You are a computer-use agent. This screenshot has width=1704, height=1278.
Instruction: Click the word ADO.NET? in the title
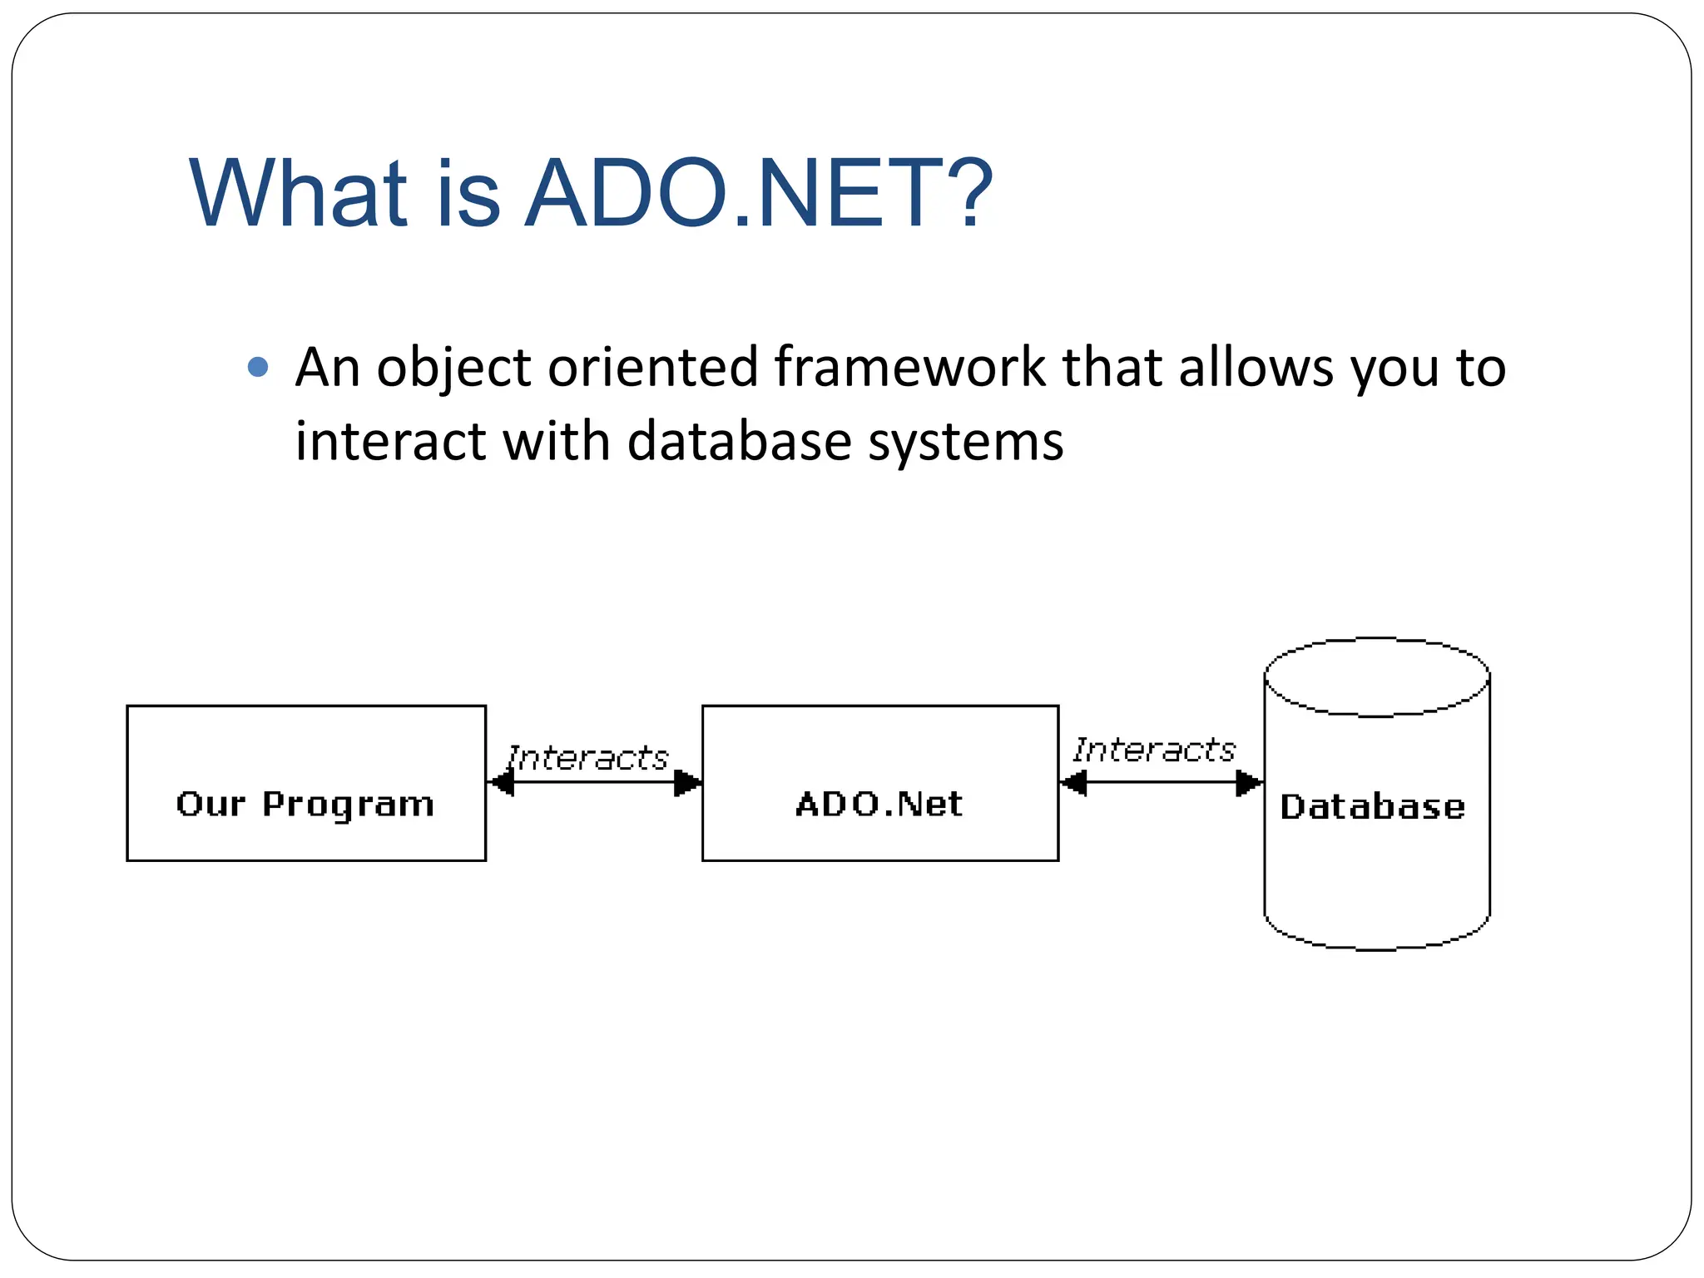[759, 193]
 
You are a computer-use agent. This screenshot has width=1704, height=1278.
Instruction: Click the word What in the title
[299, 193]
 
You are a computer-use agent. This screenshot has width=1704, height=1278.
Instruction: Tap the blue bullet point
[259, 367]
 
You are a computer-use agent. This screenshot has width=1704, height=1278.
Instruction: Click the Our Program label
[305, 804]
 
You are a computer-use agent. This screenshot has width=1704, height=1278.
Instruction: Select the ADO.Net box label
[879, 804]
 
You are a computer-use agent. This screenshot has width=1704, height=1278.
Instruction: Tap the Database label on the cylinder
[1373, 806]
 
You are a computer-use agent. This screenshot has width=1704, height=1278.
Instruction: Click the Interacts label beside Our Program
[587, 758]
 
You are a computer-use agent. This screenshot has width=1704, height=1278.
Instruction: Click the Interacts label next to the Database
[1154, 750]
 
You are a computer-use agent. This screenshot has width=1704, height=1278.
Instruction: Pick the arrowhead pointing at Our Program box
[501, 783]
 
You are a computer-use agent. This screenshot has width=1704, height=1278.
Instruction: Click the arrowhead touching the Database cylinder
[1248, 783]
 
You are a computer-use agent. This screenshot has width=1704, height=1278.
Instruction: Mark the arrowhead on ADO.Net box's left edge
[687, 783]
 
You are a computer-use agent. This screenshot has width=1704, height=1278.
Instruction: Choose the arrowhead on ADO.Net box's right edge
[1074, 783]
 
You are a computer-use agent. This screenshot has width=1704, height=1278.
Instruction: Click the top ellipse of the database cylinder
[1376, 677]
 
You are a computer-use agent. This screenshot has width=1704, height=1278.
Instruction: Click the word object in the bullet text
[454, 367]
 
